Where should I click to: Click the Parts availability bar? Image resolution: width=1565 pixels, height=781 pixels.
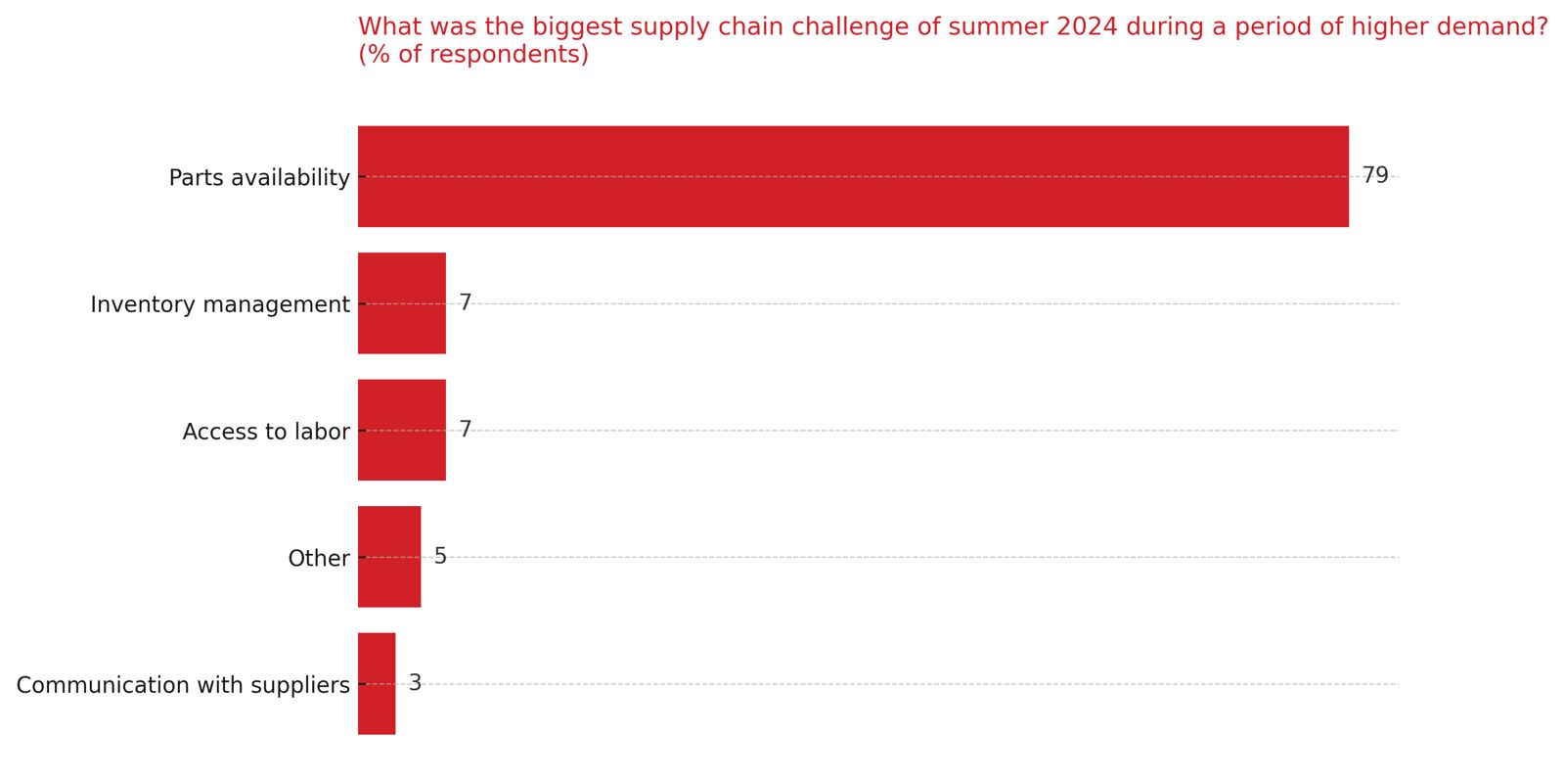pos(853,176)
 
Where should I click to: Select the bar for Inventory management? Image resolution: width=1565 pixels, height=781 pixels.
pos(402,303)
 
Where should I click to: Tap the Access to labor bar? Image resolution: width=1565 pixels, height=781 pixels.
pos(402,430)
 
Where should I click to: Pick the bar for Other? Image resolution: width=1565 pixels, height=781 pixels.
pos(389,557)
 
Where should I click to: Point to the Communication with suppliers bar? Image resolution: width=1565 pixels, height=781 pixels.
pos(377,683)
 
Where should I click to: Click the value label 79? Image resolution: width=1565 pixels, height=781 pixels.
pos(1375,176)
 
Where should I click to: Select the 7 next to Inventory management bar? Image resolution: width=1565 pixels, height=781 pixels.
pos(466,302)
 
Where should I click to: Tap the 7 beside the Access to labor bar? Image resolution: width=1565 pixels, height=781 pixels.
pos(466,430)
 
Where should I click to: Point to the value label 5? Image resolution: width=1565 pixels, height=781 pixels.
pos(440,557)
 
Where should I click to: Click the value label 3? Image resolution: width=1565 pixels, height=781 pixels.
pos(415,683)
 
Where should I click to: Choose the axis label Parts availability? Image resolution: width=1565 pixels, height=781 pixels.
pos(259,178)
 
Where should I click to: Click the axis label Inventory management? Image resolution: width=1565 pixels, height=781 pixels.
pos(220,304)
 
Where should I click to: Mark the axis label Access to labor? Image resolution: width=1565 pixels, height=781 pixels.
pos(266,432)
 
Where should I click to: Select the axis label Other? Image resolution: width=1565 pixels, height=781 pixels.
pos(319,559)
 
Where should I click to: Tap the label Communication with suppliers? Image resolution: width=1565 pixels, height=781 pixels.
pos(183,685)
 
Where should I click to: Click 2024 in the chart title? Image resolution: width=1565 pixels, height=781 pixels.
pos(1087,27)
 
